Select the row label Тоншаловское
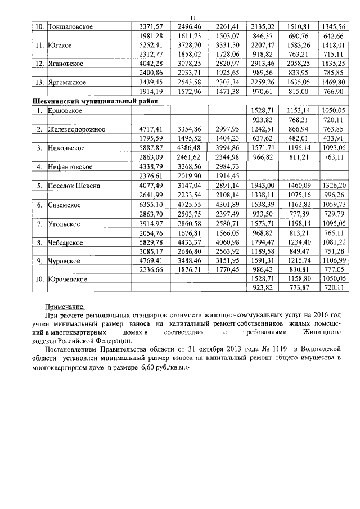coord(71,26)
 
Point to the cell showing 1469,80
coord(332,82)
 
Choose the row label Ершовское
coord(66,111)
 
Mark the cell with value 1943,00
coord(262,186)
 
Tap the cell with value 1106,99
coord(332,261)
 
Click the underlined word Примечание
coord(65,307)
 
